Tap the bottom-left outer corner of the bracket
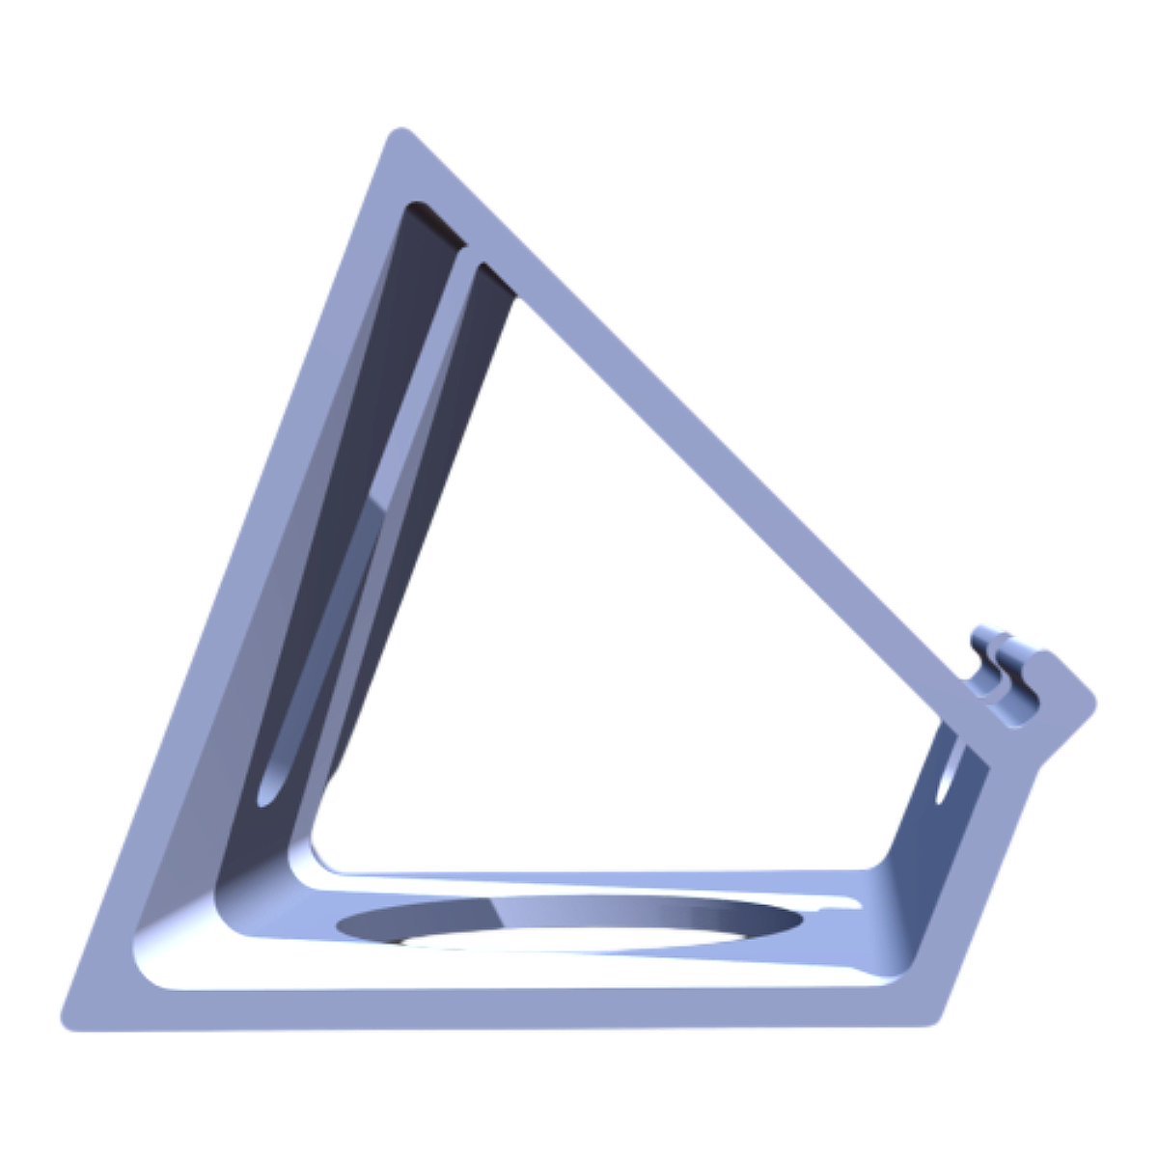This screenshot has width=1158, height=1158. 66,1023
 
